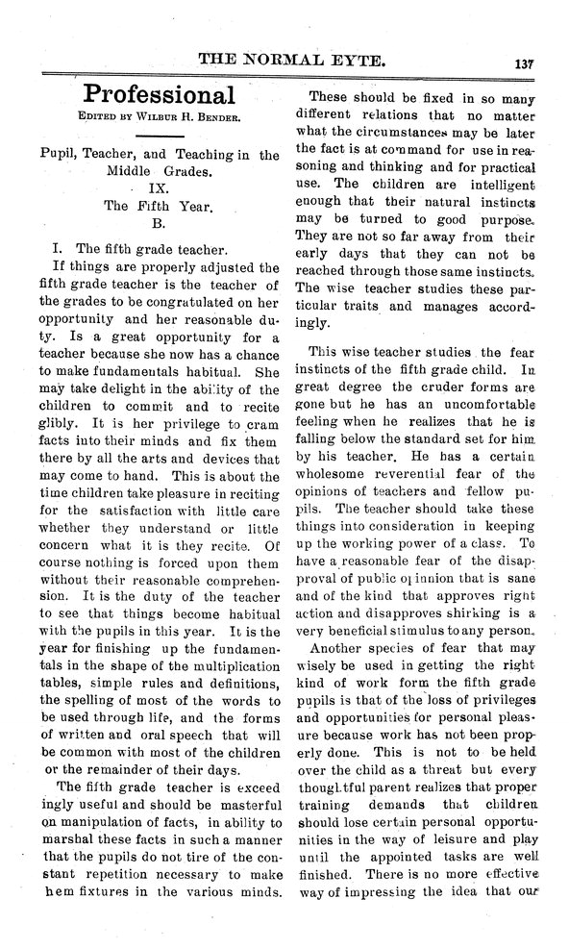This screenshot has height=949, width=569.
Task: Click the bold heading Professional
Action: [x=159, y=94]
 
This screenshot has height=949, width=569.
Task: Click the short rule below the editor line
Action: [x=159, y=137]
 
